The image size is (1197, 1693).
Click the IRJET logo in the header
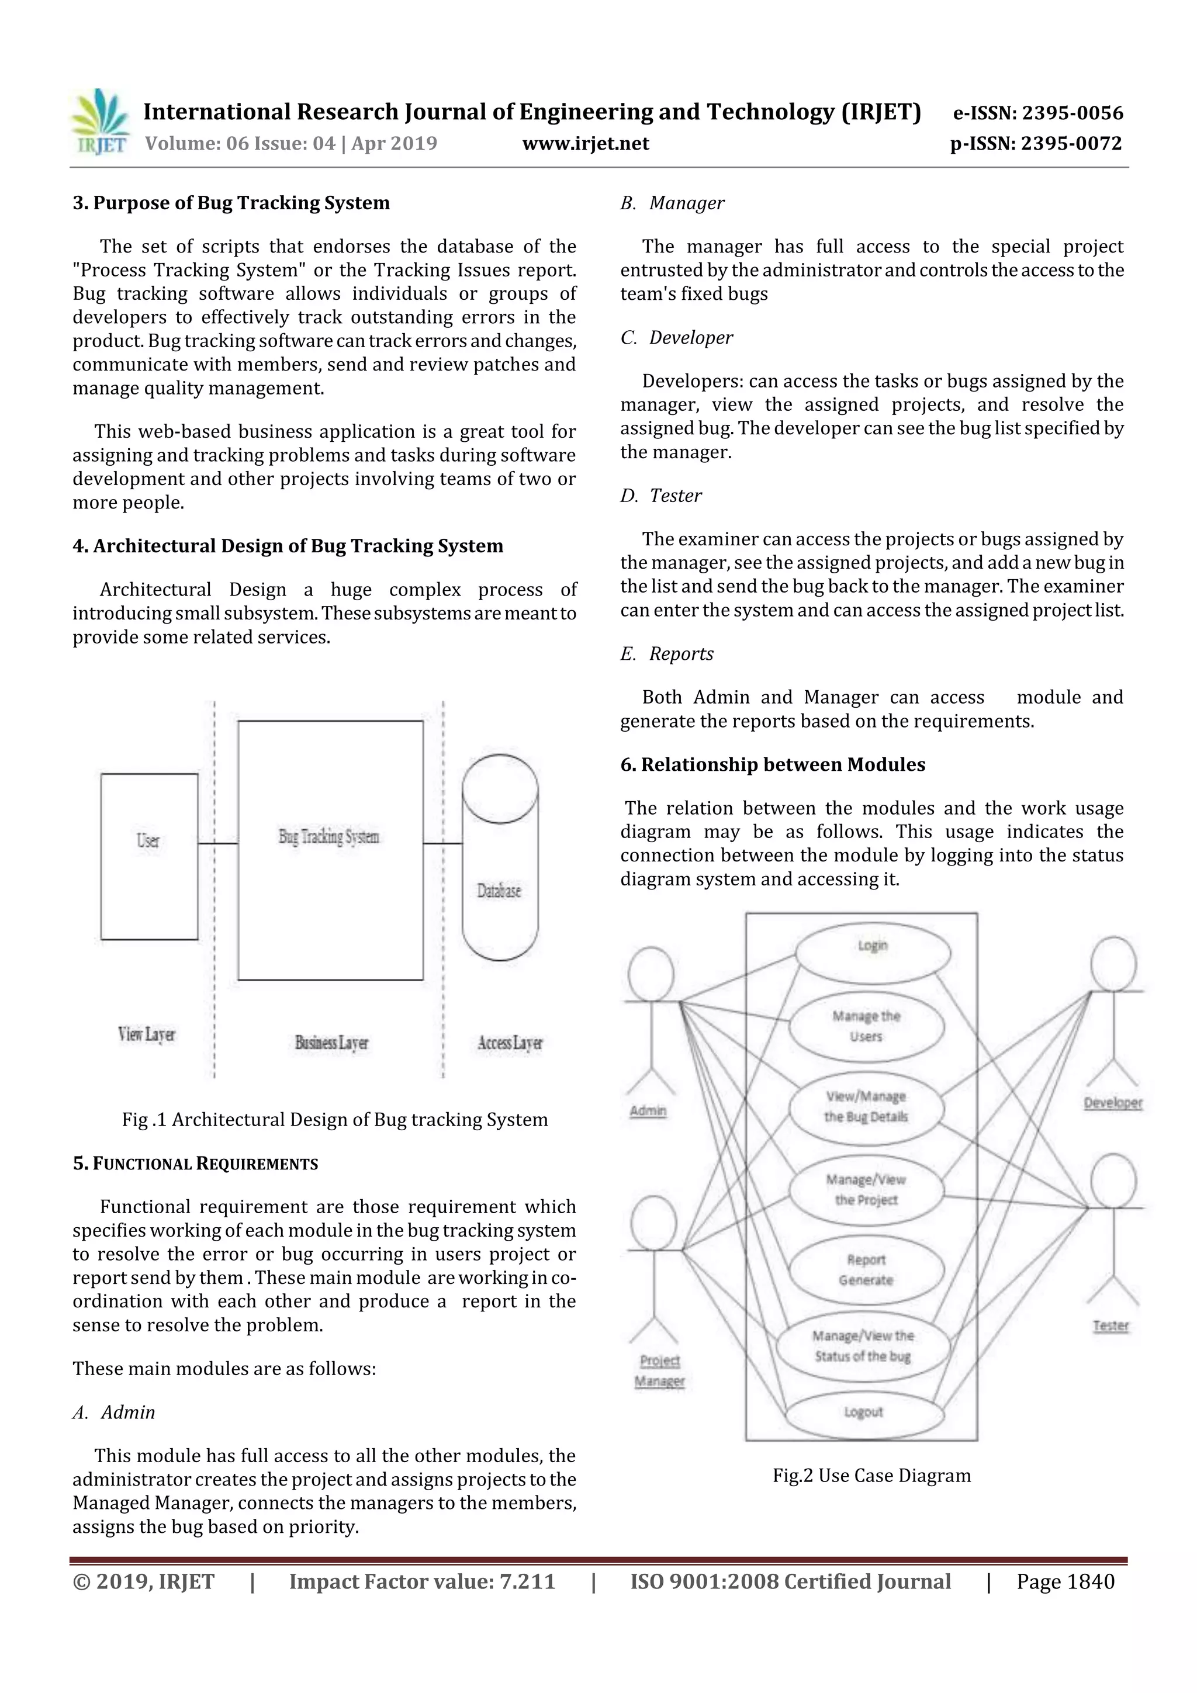pos(99,122)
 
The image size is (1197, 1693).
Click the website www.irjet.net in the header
pos(586,143)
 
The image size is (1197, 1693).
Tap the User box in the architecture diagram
pos(149,856)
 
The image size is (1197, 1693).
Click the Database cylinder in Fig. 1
pos(500,857)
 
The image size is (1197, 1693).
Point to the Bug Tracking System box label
pos(329,836)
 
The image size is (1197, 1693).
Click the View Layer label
pos(147,1034)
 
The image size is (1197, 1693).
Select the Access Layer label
pos(510,1043)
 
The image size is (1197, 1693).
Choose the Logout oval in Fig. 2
pos(864,1411)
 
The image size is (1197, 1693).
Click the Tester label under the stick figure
pos(1110,1326)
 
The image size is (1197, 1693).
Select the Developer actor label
pos(1113,1103)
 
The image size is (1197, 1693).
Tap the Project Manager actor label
pos(659,1371)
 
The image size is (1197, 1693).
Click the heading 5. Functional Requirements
pos(195,1164)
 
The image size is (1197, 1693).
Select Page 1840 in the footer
pos(1065,1581)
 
